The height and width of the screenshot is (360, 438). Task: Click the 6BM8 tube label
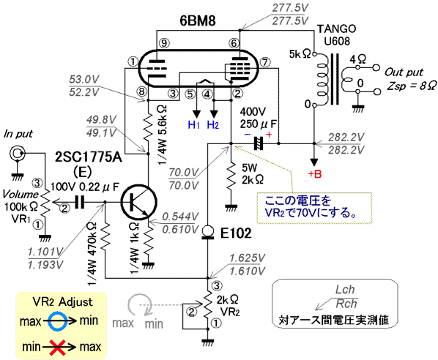tap(198, 20)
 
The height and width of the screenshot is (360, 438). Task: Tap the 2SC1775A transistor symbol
tap(139, 201)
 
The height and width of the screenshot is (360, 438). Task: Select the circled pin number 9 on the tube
tap(164, 43)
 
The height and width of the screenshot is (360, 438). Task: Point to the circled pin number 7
tap(265, 62)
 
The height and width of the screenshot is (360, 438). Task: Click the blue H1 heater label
tap(194, 124)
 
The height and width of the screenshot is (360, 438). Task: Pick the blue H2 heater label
tap(212, 124)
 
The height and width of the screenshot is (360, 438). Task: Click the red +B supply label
tap(314, 174)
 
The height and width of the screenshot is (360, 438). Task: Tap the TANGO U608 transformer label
tap(337, 35)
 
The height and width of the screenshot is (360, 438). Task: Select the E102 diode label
tap(236, 233)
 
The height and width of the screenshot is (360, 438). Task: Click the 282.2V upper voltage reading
tap(346, 137)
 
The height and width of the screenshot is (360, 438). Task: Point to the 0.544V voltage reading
tap(180, 217)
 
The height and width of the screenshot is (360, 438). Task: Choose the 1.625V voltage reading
tap(247, 258)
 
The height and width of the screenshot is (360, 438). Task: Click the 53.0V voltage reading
tap(84, 79)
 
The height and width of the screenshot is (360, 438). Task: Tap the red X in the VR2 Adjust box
tap(58, 347)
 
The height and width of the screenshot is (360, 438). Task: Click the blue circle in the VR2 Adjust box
tap(57, 321)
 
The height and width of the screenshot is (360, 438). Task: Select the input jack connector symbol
tap(18, 153)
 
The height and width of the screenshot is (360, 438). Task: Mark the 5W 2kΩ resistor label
tap(253, 173)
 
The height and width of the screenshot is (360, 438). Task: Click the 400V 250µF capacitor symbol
tap(259, 143)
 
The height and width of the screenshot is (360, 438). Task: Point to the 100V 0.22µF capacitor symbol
tap(80, 202)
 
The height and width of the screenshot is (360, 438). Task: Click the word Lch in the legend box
tap(345, 290)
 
